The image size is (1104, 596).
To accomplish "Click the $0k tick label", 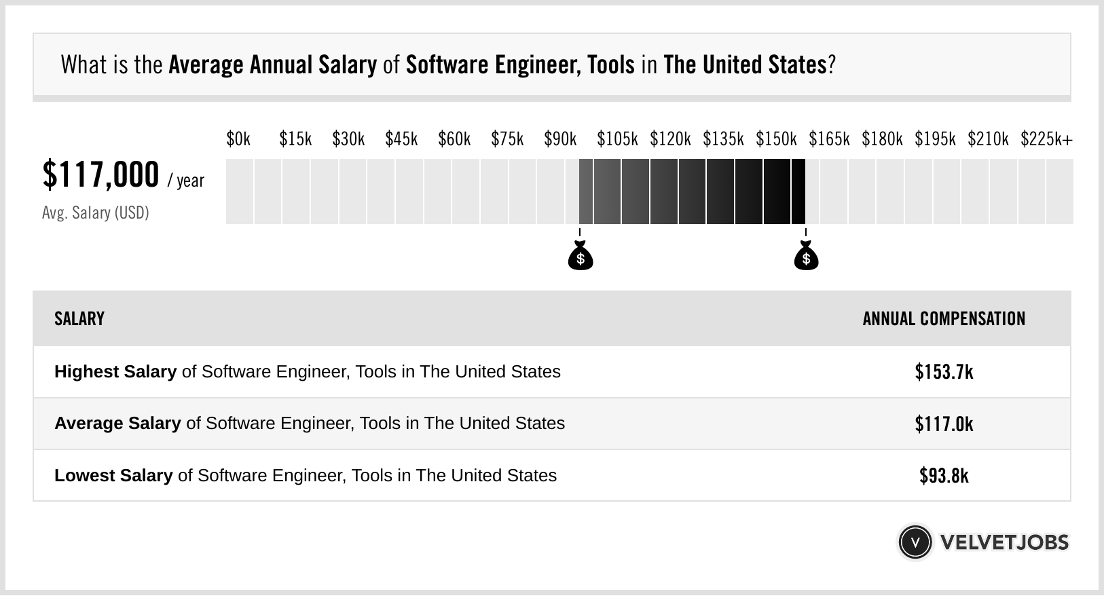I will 238,139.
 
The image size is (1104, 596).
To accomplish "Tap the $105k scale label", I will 617,139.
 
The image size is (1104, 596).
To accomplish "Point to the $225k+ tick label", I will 1046,139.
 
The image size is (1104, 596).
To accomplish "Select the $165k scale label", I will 829,139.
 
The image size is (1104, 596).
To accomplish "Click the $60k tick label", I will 454,139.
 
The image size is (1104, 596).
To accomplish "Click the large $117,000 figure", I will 100,175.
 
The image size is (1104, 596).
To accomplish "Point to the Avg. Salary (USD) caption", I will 95,213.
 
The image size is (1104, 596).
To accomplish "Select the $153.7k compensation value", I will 944,372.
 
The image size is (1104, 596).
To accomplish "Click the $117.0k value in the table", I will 944,424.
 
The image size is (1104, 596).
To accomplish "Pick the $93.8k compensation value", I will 944,476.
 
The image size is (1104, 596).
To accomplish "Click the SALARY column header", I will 79,319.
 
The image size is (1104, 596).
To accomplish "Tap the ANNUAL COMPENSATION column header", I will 944,319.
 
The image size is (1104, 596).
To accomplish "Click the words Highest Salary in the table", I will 115,372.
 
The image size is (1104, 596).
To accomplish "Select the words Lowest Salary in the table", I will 113,476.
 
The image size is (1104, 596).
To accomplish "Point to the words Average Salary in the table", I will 117,424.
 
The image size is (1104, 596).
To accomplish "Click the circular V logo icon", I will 915,542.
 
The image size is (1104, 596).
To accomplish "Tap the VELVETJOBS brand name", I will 1004,542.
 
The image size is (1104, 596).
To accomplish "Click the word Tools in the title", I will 610,65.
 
